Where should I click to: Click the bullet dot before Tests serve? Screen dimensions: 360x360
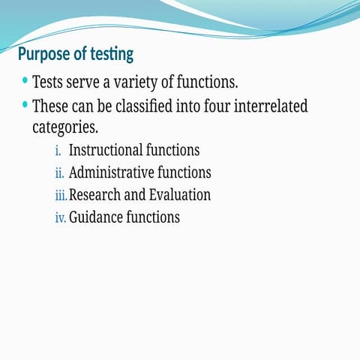[25, 79]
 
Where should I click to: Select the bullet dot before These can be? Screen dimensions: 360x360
[25, 104]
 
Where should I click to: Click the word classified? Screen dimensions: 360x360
[163, 106]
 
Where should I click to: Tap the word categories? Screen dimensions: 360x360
[65, 127]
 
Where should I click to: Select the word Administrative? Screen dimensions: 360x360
[111, 172]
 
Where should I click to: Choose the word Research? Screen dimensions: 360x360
[94, 195]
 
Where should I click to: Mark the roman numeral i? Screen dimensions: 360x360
[58, 150]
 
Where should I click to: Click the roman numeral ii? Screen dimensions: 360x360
[60, 173]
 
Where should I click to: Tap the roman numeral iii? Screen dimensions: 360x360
[61, 196]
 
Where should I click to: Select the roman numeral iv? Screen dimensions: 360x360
[60, 218]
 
